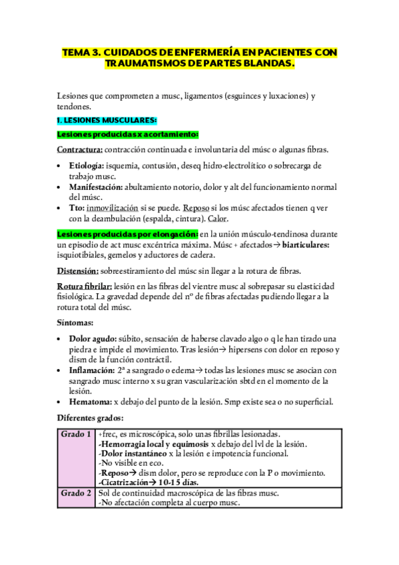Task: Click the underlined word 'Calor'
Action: pyautogui.click(x=216, y=219)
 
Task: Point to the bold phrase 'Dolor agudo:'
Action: pyautogui.click(x=93, y=338)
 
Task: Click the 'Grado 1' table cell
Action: pyautogui.click(x=76, y=434)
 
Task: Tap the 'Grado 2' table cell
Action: pyautogui.click(x=76, y=493)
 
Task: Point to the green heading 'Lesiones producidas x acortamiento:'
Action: pyautogui.click(x=119, y=134)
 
